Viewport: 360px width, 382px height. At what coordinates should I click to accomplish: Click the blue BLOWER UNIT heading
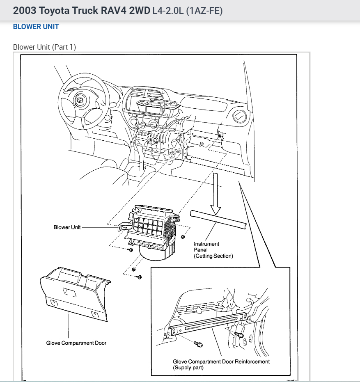[x=36, y=27]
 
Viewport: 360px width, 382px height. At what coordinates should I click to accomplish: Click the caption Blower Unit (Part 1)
[x=44, y=47]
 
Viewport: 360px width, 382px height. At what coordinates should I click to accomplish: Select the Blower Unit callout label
[x=67, y=227]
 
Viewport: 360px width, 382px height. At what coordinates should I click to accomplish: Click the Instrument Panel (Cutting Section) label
[x=213, y=250]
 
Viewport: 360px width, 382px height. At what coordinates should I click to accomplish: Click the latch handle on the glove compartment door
[x=69, y=293]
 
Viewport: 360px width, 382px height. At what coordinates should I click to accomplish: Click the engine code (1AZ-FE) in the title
[x=204, y=11]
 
